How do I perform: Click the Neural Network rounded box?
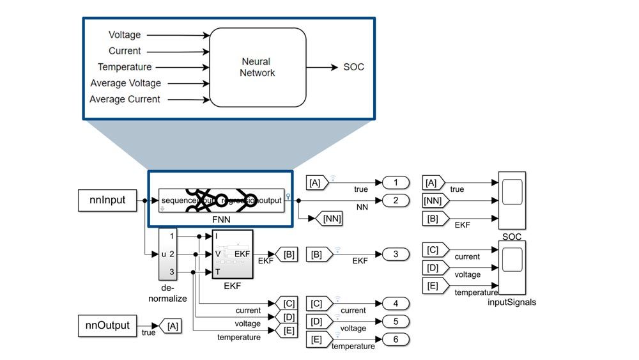pos(258,67)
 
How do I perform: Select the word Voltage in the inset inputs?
pos(125,35)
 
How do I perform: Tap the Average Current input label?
pos(125,99)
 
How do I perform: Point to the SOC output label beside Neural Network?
pos(353,67)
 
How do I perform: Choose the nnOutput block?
pos(107,325)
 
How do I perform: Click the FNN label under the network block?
pos(220,217)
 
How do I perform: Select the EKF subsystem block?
pos(233,254)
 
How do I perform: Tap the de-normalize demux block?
pos(167,254)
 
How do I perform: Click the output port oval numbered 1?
pos(396,183)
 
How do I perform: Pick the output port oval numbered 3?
pos(396,254)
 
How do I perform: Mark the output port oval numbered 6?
pos(396,339)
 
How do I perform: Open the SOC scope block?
pos(512,200)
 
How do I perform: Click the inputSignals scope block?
pos(512,269)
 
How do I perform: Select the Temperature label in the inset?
pos(125,67)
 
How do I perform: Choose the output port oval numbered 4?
pos(396,303)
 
